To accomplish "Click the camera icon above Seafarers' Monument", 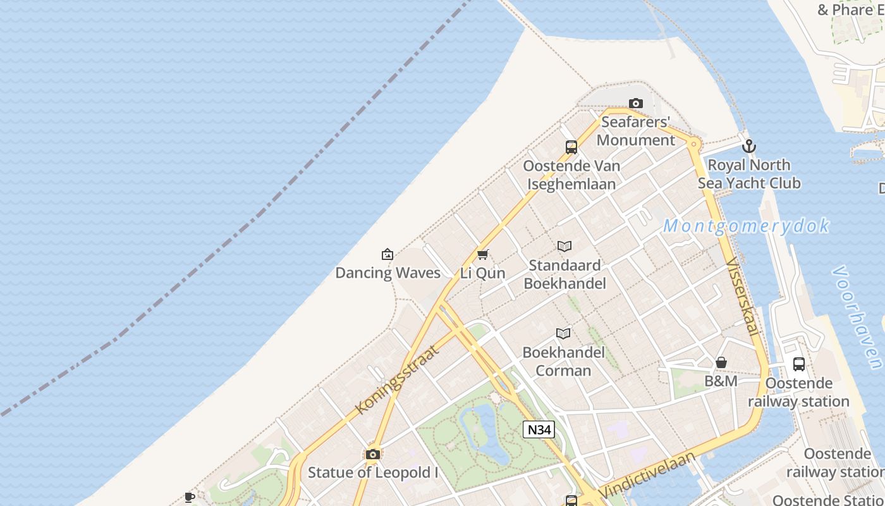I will pyautogui.click(x=636, y=103).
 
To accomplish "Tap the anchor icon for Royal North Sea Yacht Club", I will pyautogui.click(x=749, y=146).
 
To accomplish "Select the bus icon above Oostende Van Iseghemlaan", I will pyautogui.click(x=571, y=147).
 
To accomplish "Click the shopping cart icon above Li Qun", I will pyautogui.click(x=483, y=254).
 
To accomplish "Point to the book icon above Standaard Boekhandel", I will pyautogui.click(x=565, y=246).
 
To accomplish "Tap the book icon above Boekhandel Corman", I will pyautogui.click(x=563, y=333).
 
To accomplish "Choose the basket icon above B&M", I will pyautogui.click(x=721, y=362).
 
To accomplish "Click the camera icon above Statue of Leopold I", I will pyautogui.click(x=373, y=454).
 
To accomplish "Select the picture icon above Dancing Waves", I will pyautogui.click(x=388, y=254).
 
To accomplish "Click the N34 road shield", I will pyautogui.click(x=539, y=429).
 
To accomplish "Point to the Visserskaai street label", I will pyautogui.click(x=742, y=297).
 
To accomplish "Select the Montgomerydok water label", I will pyautogui.click(x=746, y=226).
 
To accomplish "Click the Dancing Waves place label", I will pyautogui.click(x=388, y=273).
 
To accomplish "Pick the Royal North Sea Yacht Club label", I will pyautogui.click(x=749, y=174).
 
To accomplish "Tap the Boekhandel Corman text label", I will pyautogui.click(x=563, y=361).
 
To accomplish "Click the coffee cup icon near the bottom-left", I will pyautogui.click(x=189, y=497).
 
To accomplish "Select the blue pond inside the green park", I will pyautogui.click(x=484, y=430).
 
